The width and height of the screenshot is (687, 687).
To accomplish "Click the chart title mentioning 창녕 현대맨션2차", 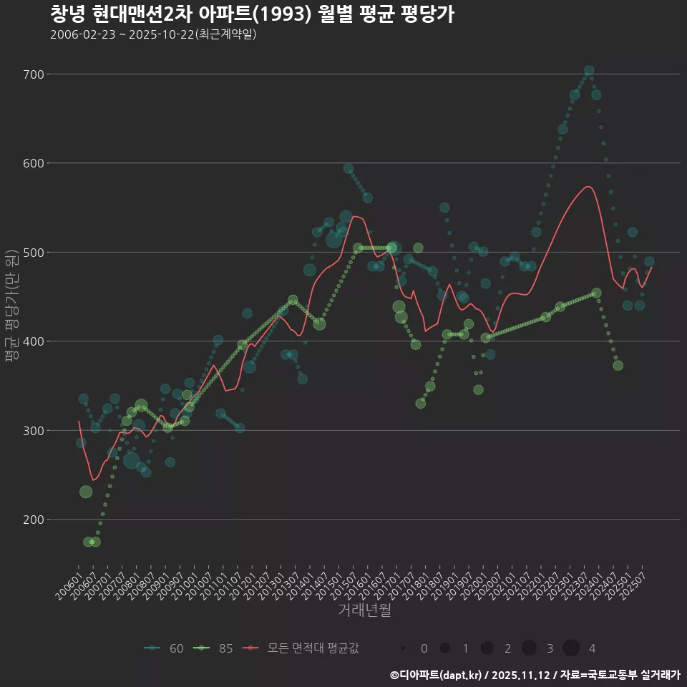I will point(252,14).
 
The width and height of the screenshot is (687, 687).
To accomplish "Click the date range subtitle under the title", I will point(153,34).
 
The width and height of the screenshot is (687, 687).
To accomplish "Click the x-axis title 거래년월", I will point(364,610).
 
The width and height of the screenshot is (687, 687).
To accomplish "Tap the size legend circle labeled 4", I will point(571,648).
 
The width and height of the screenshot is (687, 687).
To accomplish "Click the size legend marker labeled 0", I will point(404,648).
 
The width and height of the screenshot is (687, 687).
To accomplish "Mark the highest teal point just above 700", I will point(589,71).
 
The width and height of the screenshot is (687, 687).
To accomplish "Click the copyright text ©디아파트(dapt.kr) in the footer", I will point(437,675).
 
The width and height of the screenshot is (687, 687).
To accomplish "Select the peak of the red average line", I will point(588,187).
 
